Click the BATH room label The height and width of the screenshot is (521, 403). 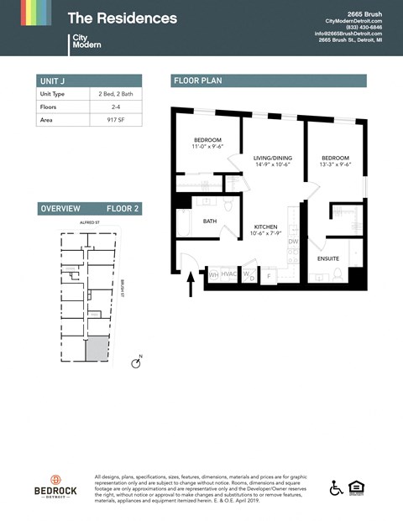click(x=210, y=221)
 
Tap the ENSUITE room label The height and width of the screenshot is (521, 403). click(x=328, y=258)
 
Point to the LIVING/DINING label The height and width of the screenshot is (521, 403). click(x=273, y=157)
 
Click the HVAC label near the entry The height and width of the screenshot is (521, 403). click(x=229, y=274)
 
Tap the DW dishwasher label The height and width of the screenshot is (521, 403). click(x=293, y=242)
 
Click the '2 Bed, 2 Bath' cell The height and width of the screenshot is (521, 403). click(x=115, y=94)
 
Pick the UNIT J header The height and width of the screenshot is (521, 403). click(x=52, y=81)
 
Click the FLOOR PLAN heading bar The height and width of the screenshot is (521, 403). click(x=269, y=81)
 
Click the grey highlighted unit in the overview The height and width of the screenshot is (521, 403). click(x=98, y=347)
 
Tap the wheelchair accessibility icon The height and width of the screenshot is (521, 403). click(x=336, y=487)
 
